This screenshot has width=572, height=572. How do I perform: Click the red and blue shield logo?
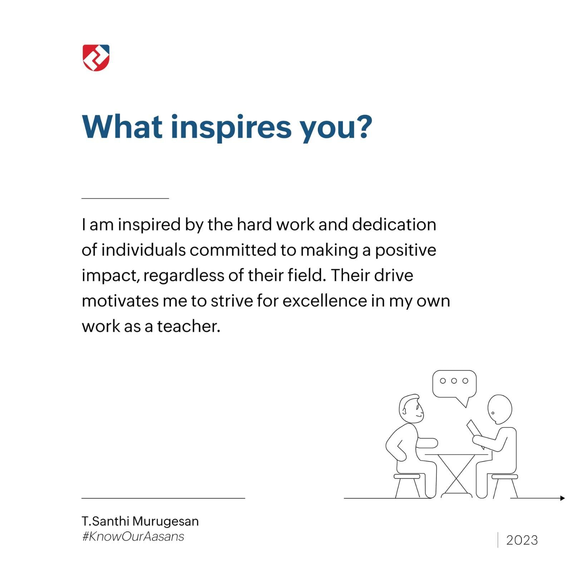point(96,58)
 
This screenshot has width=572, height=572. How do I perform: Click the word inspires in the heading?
point(231,128)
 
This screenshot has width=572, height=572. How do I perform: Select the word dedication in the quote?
point(394,225)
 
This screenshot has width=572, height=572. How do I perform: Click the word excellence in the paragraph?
point(325,301)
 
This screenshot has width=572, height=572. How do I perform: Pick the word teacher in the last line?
point(188,326)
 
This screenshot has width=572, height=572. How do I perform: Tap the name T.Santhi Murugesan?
point(140,521)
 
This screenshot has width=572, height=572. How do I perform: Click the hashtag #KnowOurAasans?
point(133,537)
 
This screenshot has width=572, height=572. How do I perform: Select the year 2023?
point(522,540)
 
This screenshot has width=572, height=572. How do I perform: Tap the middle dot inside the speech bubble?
point(454,381)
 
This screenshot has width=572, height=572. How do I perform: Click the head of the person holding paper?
point(499,410)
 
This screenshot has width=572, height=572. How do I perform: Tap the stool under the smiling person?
point(407,485)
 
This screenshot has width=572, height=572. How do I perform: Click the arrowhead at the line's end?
point(562,498)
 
